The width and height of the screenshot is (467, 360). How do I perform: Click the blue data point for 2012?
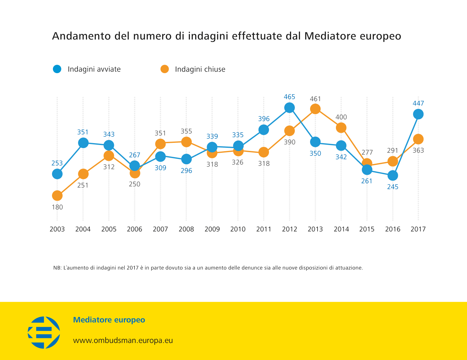pos(290,108)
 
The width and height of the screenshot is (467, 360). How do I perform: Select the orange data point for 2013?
pos(315,109)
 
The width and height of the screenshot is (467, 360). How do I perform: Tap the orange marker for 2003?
pos(57,196)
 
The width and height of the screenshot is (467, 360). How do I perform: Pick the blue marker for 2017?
pos(418,114)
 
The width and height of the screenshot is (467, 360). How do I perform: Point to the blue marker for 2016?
pos(393,175)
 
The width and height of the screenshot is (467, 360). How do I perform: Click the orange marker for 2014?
pos(341,128)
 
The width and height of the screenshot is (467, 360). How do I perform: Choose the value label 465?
pos(290,97)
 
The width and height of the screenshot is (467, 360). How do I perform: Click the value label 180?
pos(57,207)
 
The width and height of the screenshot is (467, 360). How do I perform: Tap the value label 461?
pos(315,99)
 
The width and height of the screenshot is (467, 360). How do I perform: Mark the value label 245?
pos(393,187)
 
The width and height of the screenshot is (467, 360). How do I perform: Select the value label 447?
pos(418,103)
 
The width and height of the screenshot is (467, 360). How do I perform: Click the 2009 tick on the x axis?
pos(212,229)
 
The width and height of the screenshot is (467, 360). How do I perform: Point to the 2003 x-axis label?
pos(57,229)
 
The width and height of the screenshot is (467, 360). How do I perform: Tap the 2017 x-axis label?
pos(418,229)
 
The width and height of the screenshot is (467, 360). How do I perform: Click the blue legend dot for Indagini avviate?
pos(57,69)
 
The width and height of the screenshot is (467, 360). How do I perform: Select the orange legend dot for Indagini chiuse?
pos(165,69)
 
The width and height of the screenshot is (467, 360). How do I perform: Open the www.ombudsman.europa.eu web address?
pos(123,340)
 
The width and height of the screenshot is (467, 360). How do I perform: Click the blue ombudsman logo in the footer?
pos(44,332)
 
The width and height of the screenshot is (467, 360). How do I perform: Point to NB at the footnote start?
pos(57,268)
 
